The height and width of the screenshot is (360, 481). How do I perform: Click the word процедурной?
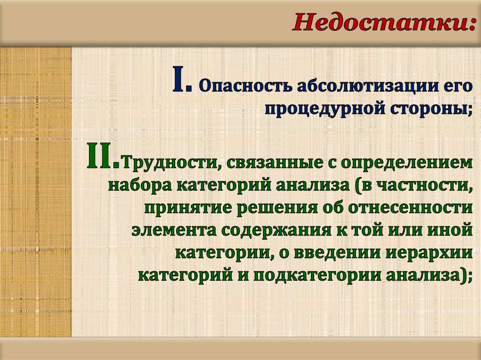(x=323, y=109)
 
